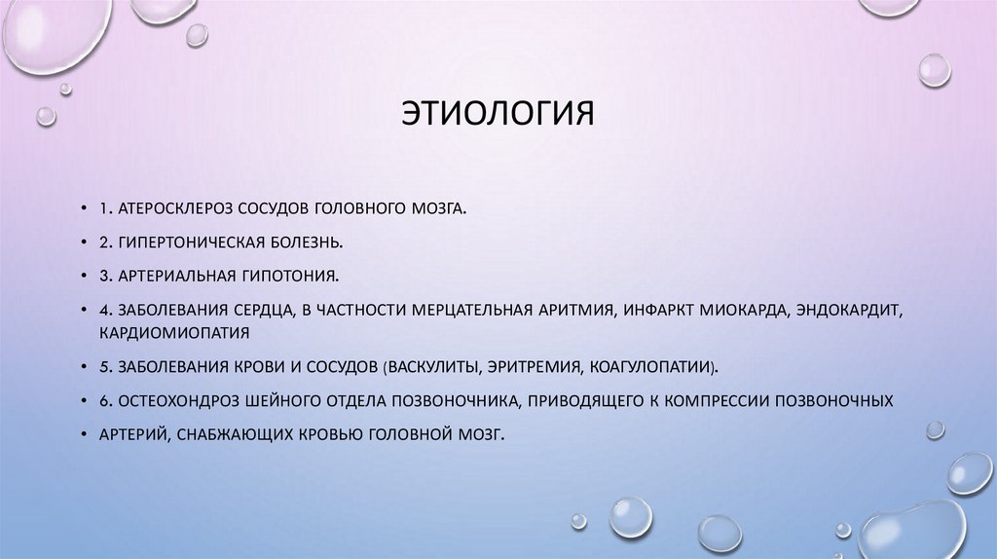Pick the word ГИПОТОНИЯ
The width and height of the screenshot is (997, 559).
point(290,276)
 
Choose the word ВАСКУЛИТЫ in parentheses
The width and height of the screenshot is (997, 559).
point(435,367)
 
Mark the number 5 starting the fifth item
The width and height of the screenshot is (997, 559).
point(103,367)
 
